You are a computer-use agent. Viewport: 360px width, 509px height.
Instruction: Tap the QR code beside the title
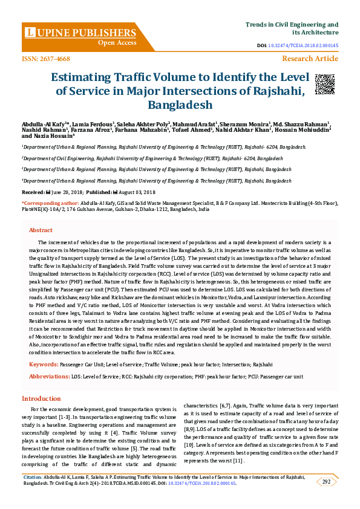tap(324, 85)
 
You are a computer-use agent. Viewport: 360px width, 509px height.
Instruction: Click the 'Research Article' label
tap(310, 59)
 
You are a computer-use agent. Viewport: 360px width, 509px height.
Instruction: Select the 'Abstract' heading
tap(41, 230)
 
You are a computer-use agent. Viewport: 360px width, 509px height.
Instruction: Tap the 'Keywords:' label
tap(44, 365)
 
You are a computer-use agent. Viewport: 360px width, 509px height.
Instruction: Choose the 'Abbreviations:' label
tap(50, 376)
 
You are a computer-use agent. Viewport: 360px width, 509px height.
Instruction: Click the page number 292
tap(326, 482)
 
